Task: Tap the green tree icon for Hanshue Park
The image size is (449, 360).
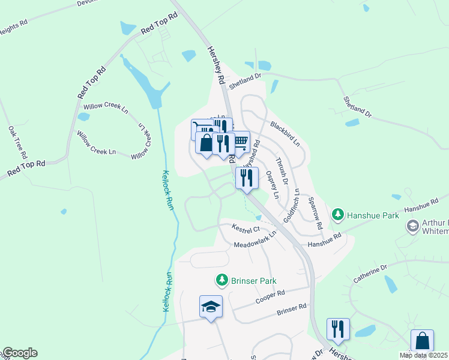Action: (338, 214)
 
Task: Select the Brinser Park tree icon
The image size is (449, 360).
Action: (222, 280)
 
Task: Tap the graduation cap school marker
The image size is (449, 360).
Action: (211, 307)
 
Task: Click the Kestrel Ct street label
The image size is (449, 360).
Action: (246, 228)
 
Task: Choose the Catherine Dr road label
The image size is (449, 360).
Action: (372, 272)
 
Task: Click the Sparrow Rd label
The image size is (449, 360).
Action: (316, 212)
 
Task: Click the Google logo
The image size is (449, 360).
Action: (19, 353)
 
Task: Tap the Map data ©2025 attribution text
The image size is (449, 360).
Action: (424, 355)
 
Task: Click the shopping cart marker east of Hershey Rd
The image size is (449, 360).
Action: (240, 142)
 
